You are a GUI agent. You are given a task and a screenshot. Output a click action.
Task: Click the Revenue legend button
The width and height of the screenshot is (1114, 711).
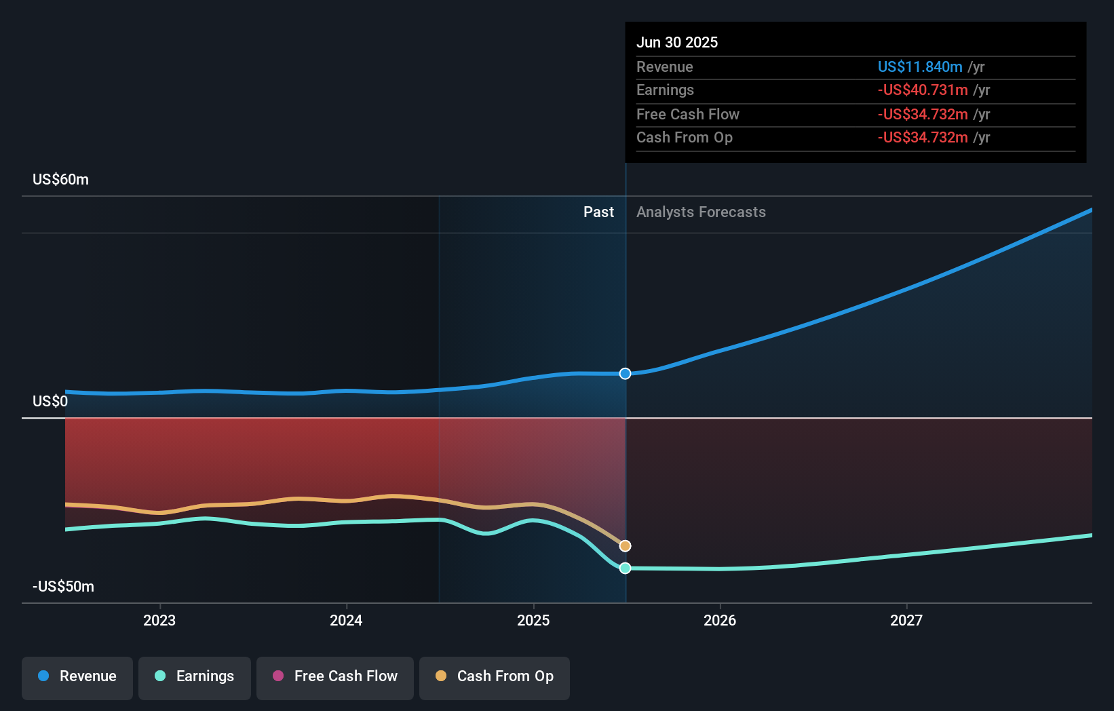(x=77, y=676)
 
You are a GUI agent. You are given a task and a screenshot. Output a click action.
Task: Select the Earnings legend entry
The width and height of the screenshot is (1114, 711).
(x=195, y=676)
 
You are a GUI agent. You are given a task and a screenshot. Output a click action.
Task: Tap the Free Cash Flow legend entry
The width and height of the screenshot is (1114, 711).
(x=335, y=676)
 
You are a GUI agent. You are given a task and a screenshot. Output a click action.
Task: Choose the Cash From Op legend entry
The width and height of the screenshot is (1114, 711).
(x=495, y=676)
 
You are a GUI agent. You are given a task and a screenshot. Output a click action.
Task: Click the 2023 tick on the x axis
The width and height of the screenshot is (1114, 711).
(x=159, y=620)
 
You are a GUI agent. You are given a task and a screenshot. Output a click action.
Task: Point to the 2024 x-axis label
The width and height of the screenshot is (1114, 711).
(x=346, y=620)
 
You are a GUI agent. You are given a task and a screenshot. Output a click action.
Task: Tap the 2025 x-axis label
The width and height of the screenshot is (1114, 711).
(x=533, y=620)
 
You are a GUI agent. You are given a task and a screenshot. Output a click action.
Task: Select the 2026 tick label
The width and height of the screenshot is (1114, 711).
(x=720, y=620)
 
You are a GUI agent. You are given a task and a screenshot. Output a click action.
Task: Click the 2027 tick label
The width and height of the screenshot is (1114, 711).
(x=906, y=620)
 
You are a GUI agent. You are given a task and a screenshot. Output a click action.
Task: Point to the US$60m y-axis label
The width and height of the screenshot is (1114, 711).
(x=60, y=180)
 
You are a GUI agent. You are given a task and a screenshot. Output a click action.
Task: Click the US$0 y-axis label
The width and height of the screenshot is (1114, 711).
(x=50, y=402)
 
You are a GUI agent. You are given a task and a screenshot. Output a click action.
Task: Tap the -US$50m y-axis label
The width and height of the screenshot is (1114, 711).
(x=63, y=587)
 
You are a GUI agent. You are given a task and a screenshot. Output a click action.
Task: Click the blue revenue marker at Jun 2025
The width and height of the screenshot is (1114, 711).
(x=626, y=374)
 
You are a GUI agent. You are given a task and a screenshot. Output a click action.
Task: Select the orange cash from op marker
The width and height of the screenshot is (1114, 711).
(x=626, y=546)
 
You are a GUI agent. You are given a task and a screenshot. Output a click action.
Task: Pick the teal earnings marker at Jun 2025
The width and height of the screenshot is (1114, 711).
(x=626, y=568)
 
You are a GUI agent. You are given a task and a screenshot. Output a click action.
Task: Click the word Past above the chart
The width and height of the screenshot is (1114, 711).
(x=598, y=212)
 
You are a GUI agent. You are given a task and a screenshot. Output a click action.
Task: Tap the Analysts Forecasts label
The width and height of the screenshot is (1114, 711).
(x=701, y=212)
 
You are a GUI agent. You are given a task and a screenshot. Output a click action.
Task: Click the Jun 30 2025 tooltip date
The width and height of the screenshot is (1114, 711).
(x=677, y=43)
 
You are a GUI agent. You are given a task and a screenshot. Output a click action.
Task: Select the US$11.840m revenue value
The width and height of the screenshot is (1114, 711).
(x=920, y=67)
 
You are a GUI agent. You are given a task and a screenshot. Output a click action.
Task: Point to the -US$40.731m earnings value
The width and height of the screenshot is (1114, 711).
(x=923, y=90)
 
